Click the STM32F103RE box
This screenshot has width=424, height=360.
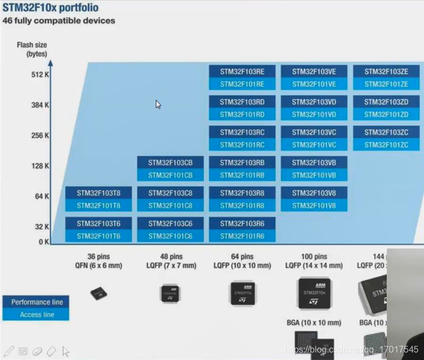(242, 72)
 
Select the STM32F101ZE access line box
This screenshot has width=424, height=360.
(386, 84)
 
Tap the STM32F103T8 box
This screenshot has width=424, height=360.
(98, 193)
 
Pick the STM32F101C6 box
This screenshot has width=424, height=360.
(170, 236)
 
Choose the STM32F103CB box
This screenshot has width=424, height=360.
(170, 163)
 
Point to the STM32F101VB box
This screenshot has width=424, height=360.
(314, 175)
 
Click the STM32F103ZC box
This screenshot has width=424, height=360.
(386, 132)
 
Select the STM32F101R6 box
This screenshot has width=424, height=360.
(242, 236)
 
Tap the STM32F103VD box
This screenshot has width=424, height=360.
(314, 102)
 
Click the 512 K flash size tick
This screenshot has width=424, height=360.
(40, 74)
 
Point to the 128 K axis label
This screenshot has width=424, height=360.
(40, 166)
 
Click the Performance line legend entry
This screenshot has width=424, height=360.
(37, 302)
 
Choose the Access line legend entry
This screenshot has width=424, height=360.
(37, 314)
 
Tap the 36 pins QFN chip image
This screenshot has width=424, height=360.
(98, 293)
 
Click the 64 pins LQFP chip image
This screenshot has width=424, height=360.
(242, 294)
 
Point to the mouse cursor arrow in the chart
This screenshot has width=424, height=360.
(158, 104)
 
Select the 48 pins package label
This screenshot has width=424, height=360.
(170, 256)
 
